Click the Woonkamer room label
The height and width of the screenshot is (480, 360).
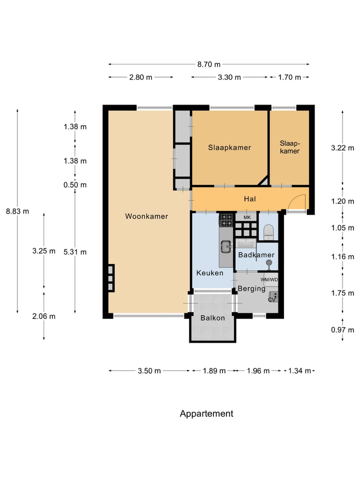(146, 216)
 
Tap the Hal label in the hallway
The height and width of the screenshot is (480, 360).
(250, 199)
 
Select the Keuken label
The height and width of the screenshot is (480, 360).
(209, 273)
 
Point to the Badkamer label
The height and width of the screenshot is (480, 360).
(256, 254)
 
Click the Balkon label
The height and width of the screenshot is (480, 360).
(213, 318)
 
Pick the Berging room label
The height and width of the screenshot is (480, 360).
(251, 288)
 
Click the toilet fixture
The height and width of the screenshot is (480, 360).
(268, 232)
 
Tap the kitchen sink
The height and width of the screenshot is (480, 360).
(226, 246)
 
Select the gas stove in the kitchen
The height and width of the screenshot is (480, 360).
(226, 220)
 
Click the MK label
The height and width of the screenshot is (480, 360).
(247, 217)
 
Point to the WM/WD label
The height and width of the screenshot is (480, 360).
(269, 279)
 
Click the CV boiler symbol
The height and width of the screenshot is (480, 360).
(273, 297)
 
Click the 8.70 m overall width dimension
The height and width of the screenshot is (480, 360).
(209, 64)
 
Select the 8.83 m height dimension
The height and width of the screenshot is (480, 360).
(17, 211)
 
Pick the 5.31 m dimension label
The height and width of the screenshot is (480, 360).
(75, 252)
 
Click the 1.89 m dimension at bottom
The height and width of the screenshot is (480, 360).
(214, 370)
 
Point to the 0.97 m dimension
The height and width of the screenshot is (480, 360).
(342, 329)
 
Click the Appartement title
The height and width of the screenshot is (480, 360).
(206, 413)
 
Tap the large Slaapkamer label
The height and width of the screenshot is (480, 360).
(229, 147)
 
